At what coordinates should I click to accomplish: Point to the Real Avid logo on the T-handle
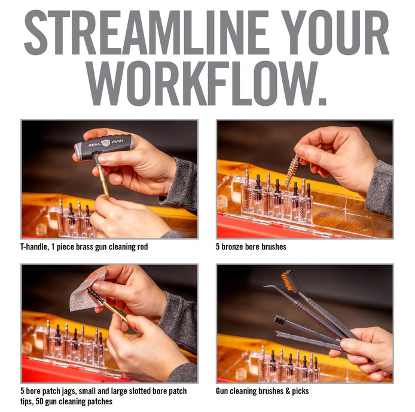pyautogui.click(x=106, y=143)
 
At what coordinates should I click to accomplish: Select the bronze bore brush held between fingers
pyautogui.click(x=292, y=171)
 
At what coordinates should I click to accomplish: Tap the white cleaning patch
pyautogui.click(x=86, y=292)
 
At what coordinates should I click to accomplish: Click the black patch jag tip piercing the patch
pyautogui.click(x=94, y=295)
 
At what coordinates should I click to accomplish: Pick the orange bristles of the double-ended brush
pyautogui.click(x=286, y=281)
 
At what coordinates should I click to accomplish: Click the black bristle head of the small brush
pyautogui.click(x=279, y=321)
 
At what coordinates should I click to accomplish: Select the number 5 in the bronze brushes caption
pyautogui.click(x=218, y=247)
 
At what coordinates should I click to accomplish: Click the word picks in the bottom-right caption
pyautogui.click(x=300, y=391)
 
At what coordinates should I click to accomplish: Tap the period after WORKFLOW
pyautogui.click(x=322, y=102)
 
